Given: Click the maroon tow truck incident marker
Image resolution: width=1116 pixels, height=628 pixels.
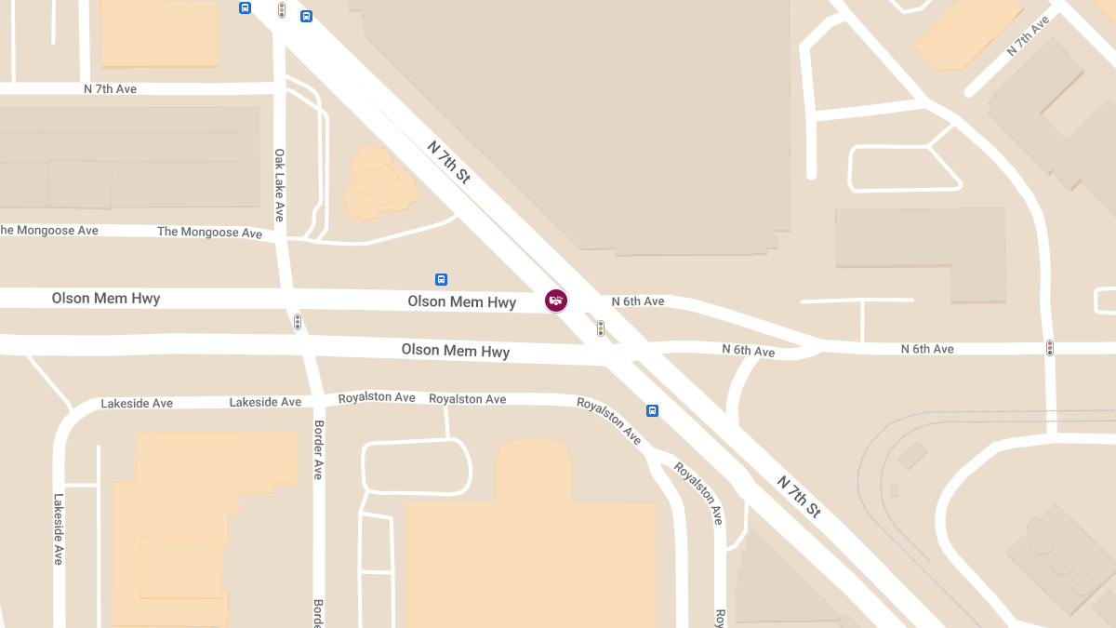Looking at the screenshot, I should [x=556, y=300].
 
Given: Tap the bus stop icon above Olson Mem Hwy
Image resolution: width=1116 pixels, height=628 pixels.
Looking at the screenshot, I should [x=441, y=279].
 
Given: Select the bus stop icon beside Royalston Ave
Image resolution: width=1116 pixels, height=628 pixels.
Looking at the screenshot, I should [x=652, y=410].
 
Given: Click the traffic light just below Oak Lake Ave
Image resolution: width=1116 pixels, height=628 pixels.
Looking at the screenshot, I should [x=298, y=322].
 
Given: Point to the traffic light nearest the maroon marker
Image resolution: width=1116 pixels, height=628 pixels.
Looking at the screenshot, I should [x=601, y=328].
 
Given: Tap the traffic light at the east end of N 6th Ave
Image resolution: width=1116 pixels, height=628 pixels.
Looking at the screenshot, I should [x=1050, y=348].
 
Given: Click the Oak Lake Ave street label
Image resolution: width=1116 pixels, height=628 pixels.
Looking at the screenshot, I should [x=279, y=185].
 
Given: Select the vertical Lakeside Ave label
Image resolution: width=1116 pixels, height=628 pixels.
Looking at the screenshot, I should [x=59, y=528].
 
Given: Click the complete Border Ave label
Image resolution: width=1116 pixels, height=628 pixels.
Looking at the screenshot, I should [x=318, y=449].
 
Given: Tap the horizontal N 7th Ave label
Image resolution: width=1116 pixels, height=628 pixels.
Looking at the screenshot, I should [x=110, y=89].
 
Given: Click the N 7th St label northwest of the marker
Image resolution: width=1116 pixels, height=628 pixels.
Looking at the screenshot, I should [x=449, y=162].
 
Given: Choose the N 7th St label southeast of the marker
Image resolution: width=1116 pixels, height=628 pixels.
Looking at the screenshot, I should [x=799, y=497].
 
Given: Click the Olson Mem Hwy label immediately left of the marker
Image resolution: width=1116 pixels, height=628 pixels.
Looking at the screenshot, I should [x=461, y=302].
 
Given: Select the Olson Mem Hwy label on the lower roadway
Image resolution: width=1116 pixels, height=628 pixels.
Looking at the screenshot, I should [x=456, y=351].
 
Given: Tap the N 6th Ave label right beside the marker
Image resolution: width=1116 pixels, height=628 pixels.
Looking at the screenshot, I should [x=638, y=301].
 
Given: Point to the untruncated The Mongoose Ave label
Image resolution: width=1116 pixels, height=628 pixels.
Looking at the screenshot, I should [x=209, y=232].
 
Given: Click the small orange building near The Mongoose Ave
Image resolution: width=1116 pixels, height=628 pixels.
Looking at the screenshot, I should [x=379, y=181].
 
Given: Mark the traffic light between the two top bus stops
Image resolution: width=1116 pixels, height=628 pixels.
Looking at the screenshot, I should [x=281, y=10].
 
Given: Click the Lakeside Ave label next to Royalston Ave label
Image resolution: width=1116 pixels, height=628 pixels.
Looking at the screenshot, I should [x=265, y=402].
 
